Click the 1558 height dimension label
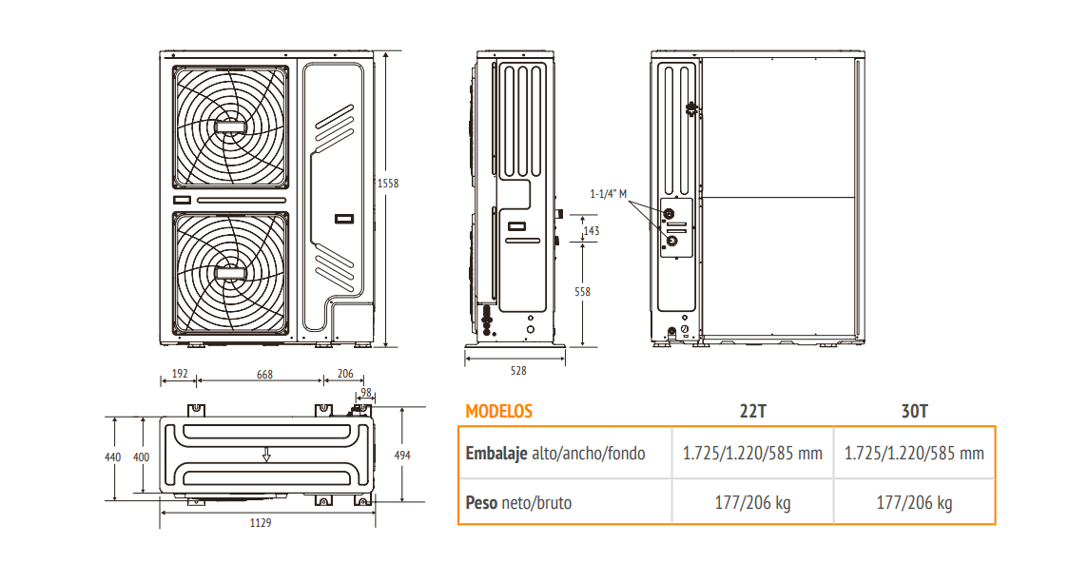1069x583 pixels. pyautogui.click(x=388, y=183)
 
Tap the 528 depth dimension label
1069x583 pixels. pyautogui.click(x=518, y=371)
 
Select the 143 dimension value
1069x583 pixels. pyautogui.click(x=591, y=231)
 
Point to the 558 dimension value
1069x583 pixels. pyautogui.click(x=582, y=292)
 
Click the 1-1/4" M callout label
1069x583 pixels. pyautogui.click(x=608, y=194)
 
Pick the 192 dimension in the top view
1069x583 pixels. pyautogui.click(x=180, y=374)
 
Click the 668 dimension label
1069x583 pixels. pyautogui.click(x=264, y=375)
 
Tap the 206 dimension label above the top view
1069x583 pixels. pyautogui.click(x=345, y=374)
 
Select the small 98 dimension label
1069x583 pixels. pyautogui.click(x=366, y=392)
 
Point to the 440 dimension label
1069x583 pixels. pyautogui.click(x=113, y=457)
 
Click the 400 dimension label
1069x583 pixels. pyautogui.click(x=141, y=457)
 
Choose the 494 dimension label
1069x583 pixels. pyautogui.click(x=402, y=455)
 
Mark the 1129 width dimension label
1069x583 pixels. pyautogui.click(x=261, y=522)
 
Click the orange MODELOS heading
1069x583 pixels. pyautogui.click(x=499, y=411)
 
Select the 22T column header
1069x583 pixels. pyautogui.click(x=753, y=411)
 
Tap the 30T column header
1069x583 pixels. pyautogui.click(x=915, y=411)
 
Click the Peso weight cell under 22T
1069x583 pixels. pyautogui.click(x=752, y=502)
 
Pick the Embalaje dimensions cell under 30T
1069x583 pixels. pyautogui.click(x=914, y=453)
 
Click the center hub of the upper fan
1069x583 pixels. pyautogui.click(x=230, y=126)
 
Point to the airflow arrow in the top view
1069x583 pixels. pyautogui.click(x=266, y=454)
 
